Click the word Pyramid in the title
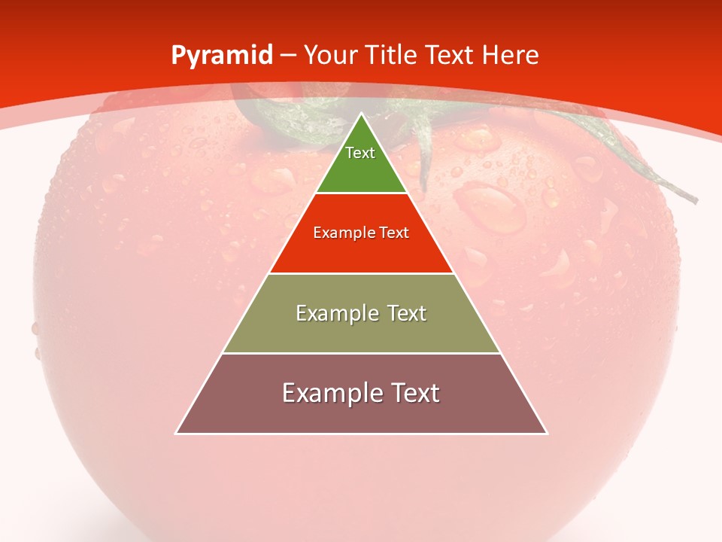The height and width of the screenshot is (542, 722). [x=222, y=55]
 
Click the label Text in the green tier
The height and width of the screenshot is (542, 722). [x=360, y=153]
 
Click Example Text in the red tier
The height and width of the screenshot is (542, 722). [x=361, y=233]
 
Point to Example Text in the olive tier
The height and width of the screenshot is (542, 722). [x=361, y=313]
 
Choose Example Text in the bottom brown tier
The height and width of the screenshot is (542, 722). [x=361, y=393]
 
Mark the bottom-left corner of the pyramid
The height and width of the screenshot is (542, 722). [x=176, y=434]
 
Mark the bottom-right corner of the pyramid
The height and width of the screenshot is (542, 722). [x=547, y=434]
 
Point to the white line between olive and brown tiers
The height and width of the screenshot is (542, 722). [x=361, y=354]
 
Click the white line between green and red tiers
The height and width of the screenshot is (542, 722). [x=361, y=193]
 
